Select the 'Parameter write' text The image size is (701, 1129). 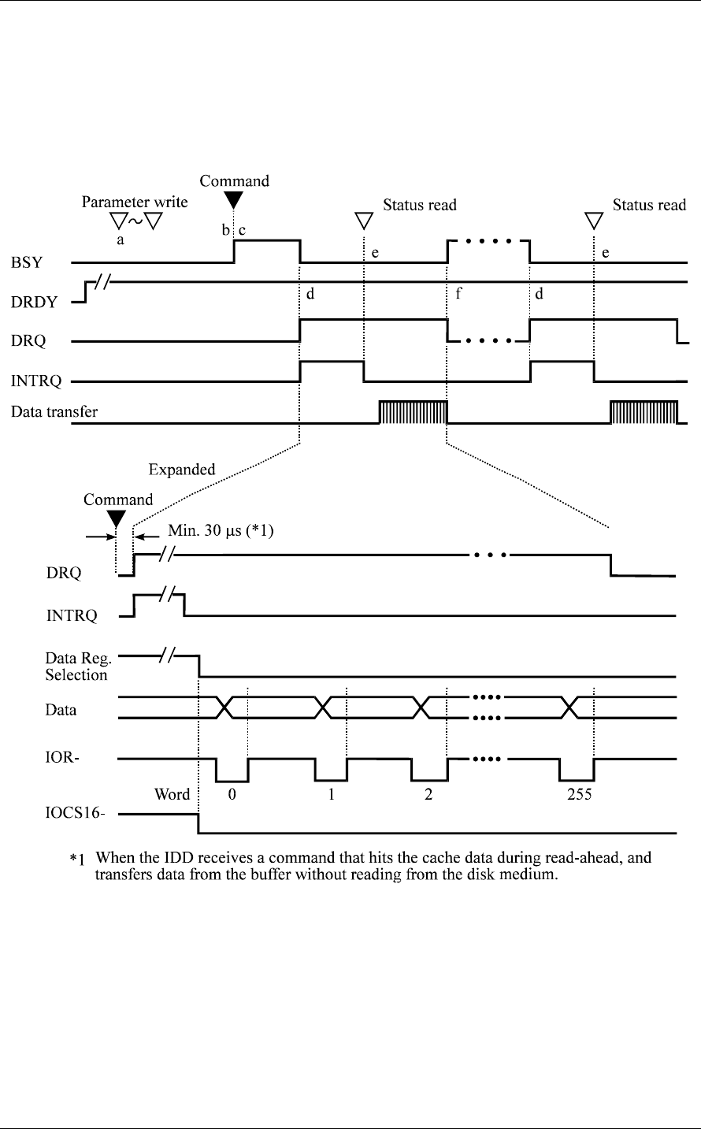[x=135, y=202]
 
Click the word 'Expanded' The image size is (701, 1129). [x=182, y=470]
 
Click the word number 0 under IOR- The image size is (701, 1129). [x=232, y=794]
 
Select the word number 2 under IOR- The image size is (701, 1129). [x=428, y=794]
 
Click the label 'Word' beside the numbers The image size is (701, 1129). [x=172, y=794]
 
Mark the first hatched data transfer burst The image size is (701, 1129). [x=413, y=412]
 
